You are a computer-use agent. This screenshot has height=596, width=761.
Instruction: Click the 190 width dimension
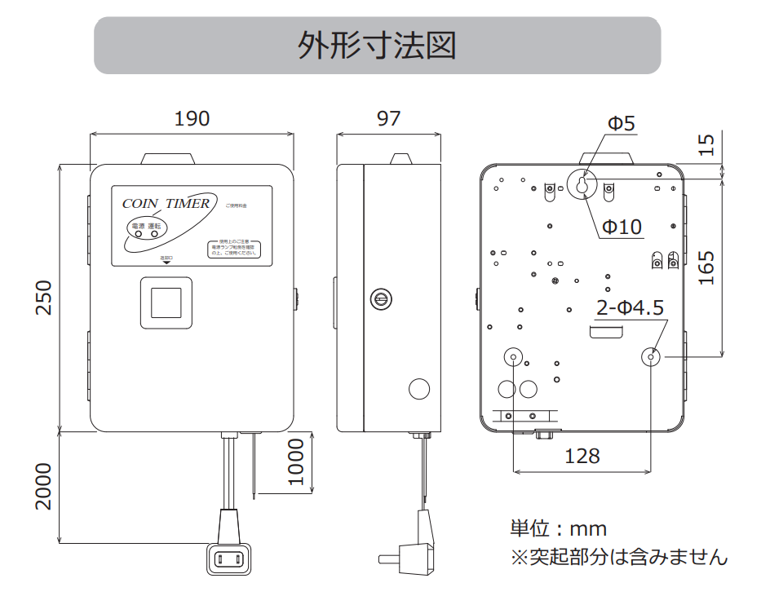click(x=192, y=118)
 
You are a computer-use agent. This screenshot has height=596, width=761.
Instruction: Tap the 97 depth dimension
click(x=389, y=118)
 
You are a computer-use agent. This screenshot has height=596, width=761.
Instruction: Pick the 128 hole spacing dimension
click(x=582, y=456)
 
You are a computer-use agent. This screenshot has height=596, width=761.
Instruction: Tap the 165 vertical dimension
click(x=706, y=267)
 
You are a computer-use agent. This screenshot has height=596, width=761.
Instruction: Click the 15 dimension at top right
click(x=706, y=144)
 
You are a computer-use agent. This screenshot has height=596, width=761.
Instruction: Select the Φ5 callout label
click(x=621, y=124)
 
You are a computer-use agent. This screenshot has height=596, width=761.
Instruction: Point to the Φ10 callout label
click(x=622, y=227)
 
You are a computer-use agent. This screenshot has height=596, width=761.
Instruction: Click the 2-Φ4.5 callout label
click(x=630, y=307)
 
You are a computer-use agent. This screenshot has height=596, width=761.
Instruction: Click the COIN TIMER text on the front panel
click(x=166, y=203)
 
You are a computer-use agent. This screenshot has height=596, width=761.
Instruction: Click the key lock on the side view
click(x=380, y=298)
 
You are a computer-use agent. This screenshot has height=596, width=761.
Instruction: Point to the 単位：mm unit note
click(x=559, y=528)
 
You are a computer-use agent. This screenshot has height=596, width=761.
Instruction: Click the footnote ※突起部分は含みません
click(x=618, y=558)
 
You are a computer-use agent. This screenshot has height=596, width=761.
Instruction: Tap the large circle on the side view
click(x=418, y=389)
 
